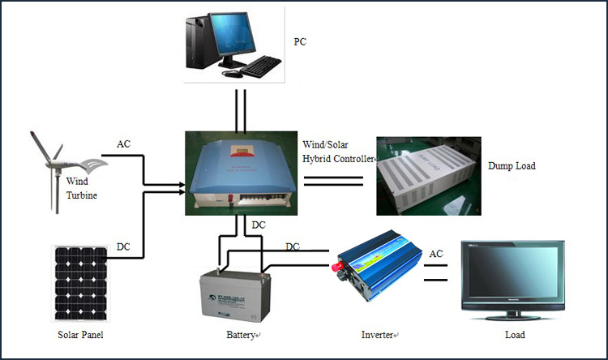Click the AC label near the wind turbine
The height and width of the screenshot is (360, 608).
123,144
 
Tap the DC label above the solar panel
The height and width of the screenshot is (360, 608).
123,246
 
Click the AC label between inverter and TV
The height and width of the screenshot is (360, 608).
436,253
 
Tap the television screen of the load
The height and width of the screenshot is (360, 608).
512,273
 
